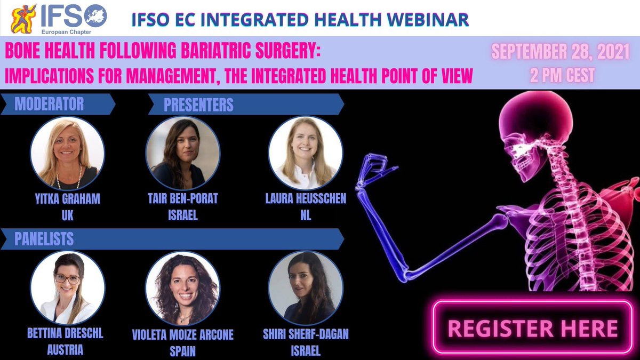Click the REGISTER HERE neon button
coord(532,327)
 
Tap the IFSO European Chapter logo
coord(59,18)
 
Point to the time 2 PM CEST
coord(562,76)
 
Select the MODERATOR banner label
coord(49,104)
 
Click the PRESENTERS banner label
coord(198,105)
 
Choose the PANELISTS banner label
coord(44,239)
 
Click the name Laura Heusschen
coord(306,199)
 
